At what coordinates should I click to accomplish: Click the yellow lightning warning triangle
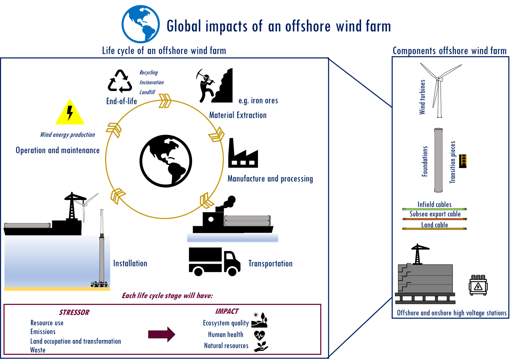pos(70,113)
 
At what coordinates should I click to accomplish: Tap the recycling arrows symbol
pos(120,81)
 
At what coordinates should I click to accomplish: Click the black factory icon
pos(243,153)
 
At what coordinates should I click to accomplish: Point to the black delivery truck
pos(215,262)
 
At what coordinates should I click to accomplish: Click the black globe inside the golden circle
pos(166,161)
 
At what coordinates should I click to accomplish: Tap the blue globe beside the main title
pos(141,24)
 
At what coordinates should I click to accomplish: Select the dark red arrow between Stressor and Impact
pos(162,335)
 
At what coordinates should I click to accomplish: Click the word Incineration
pos(152,82)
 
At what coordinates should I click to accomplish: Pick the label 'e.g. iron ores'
pos(258,101)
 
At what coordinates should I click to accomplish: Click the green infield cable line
pos(434,209)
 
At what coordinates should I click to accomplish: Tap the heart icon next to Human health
pos(259,335)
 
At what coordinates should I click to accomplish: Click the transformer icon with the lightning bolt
pos(478,285)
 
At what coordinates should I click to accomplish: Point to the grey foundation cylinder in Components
pos(438,160)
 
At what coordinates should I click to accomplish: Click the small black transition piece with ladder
pos(463,161)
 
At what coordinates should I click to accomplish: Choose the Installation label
pos(130,264)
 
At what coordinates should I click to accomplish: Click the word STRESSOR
pos(74,313)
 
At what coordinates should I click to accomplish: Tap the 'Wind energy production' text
pos(67,135)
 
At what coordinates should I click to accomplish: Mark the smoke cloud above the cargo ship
pos(229,202)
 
